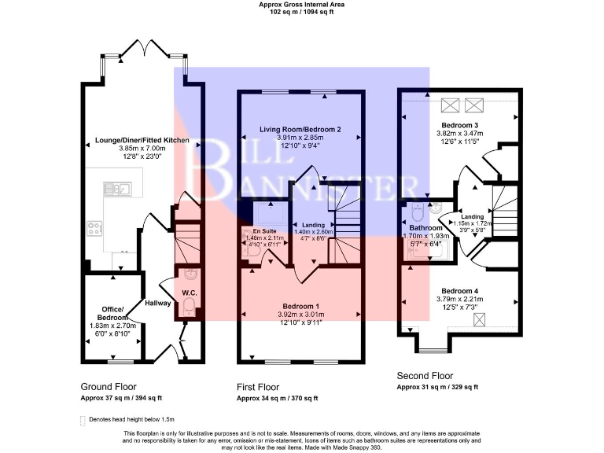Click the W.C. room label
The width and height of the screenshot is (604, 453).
click(188, 294)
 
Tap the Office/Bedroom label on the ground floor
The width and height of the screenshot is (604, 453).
click(112, 313)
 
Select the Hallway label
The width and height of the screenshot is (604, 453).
click(158, 303)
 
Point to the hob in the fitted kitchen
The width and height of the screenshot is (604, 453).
click(94, 229)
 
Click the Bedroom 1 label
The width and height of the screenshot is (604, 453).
click(300, 305)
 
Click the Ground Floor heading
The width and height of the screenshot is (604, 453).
click(109, 387)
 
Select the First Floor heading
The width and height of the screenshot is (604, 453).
click(258, 387)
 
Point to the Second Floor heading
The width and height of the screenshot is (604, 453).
click(425, 376)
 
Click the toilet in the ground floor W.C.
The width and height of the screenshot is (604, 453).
click(188, 309)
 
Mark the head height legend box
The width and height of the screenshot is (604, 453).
click(83, 420)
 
